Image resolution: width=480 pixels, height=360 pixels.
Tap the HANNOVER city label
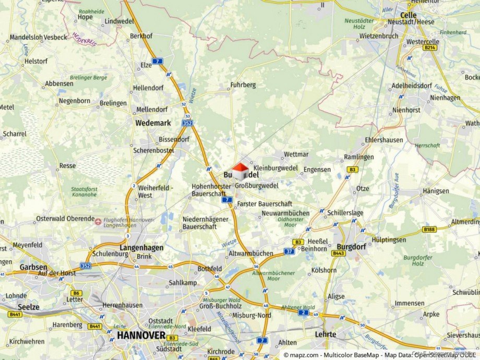[x=141, y=335]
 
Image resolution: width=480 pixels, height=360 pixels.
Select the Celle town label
[x=409, y=15]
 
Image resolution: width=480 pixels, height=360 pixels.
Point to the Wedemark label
[x=152, y=123]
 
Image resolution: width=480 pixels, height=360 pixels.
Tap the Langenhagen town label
[x=141, y=248]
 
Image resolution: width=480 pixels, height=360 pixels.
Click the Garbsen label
[x=33, y=267]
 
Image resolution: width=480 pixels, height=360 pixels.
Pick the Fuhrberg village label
[x=243, y=85]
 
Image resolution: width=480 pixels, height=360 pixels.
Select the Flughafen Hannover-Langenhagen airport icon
[x=98, y=221]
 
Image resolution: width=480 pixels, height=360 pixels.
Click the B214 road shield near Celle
[x=429, y=47]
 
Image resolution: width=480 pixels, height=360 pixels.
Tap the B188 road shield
[x=429, y=229]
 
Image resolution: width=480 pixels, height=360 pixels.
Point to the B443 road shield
[x=339, y=253]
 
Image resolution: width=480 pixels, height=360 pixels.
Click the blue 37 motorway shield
[x=289, y=251]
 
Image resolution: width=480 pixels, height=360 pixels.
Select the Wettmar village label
[x=296, y=155]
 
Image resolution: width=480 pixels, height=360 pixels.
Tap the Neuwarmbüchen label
[x=285, y=213]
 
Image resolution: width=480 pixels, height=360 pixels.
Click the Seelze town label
[x=28, y=307]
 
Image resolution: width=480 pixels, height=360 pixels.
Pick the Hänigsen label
[x=436, y=191]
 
